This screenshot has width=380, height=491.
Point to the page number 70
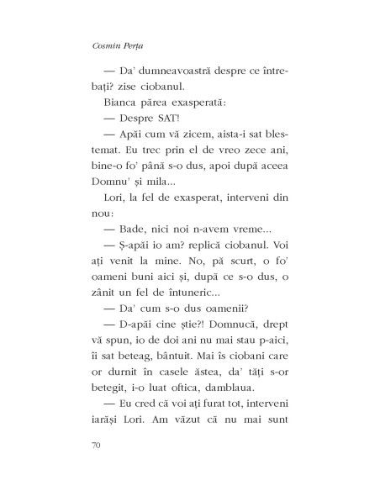tap(93, 441)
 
